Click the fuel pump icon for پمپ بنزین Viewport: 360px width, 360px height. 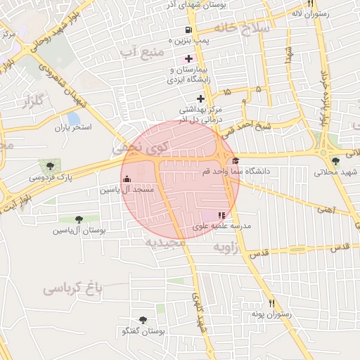[188, 30]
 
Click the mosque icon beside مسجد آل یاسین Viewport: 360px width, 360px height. [127, 179]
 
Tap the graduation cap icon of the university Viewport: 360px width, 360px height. [235, 161]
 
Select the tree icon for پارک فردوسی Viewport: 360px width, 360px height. [49, 166]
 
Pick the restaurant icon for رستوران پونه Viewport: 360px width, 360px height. [264, 303]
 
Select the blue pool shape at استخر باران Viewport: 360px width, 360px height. [73, 117]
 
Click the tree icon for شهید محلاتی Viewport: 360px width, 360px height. [335, 162]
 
